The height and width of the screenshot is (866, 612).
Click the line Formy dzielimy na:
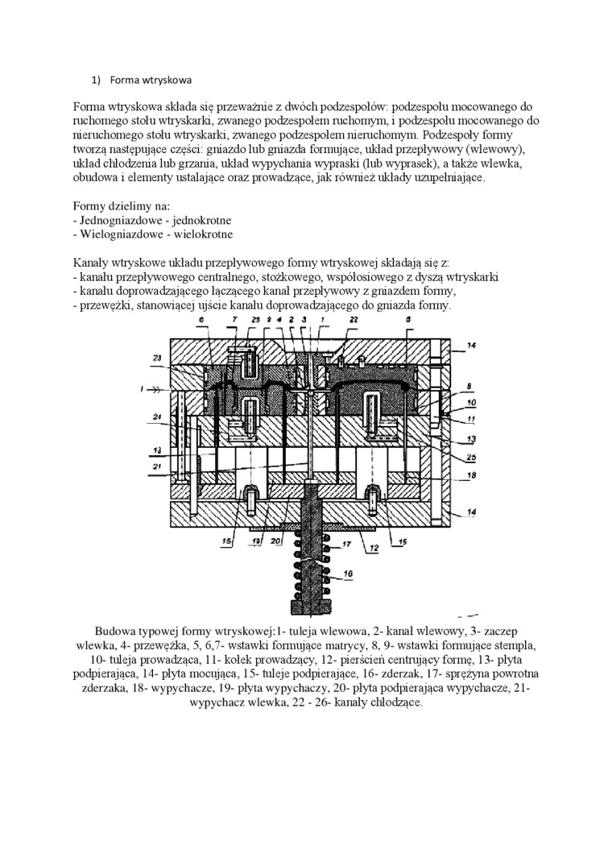click(121, 205)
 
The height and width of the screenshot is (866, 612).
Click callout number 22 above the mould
click(354, 321)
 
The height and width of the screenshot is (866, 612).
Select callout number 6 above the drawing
click(202, 321)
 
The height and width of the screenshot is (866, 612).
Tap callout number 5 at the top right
click(408, 321)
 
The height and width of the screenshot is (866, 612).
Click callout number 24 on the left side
click(157, 416)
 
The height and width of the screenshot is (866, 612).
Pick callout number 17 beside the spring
click(349, 545)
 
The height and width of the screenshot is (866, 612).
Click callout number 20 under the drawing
click(275, 541)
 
